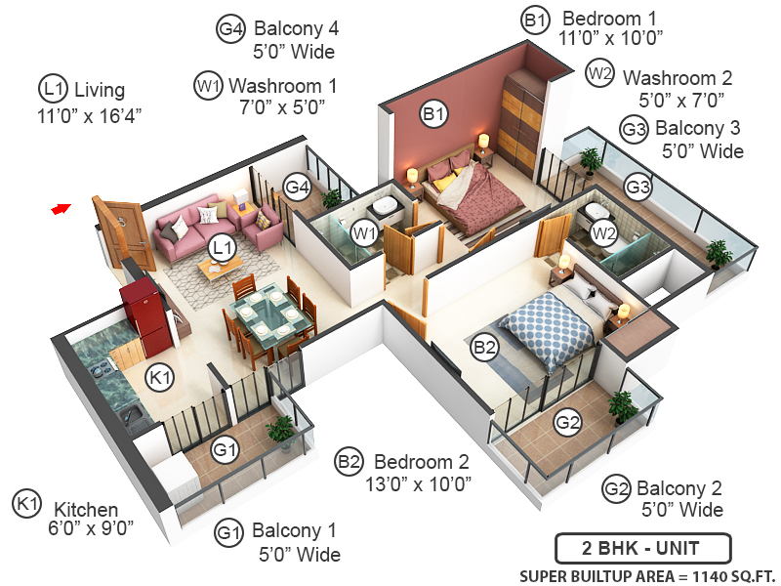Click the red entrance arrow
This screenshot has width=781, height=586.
tap(62, 207)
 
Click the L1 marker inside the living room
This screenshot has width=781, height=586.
tap(224, 248)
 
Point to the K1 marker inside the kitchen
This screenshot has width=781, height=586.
tap(159, 377)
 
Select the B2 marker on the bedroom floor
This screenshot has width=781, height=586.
tap(485, 346)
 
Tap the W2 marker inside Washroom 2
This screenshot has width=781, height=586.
tap(603, 231)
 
